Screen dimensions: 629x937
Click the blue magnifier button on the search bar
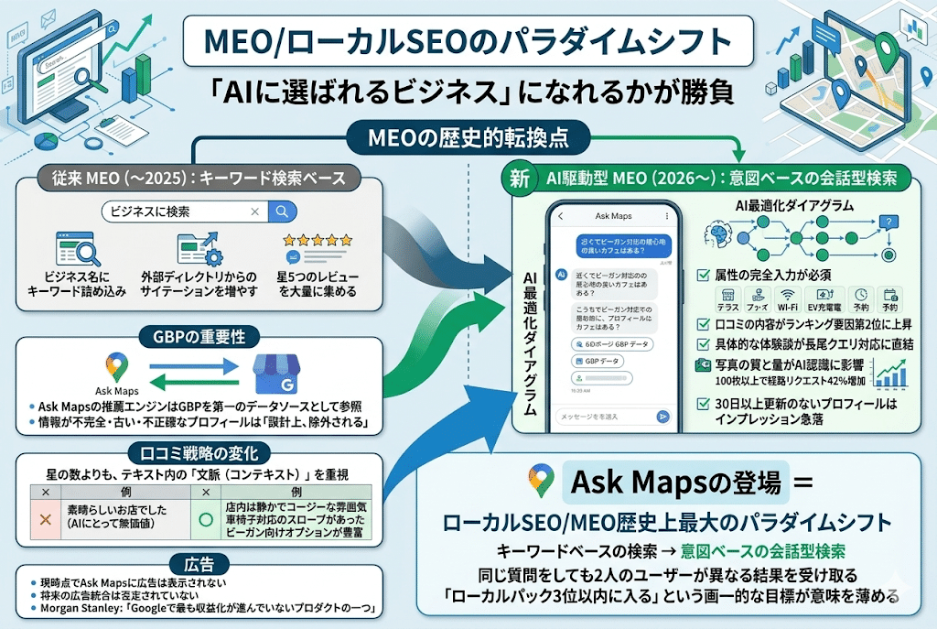coord(282,211)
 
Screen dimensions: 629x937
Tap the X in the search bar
coord(253,211)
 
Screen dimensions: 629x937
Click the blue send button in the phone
coord(662,417)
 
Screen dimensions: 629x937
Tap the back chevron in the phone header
coord(560,217)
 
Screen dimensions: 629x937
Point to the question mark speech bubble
coord(884,222)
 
